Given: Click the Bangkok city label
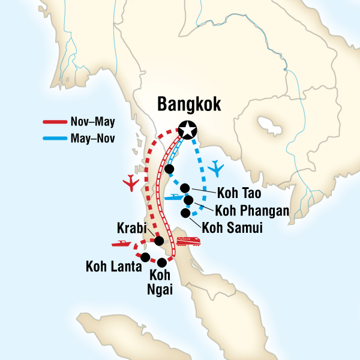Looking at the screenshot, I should [x=189, y=104].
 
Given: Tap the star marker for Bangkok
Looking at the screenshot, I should [x=188, y=129].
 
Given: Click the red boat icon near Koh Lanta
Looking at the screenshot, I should [x=121, y=244].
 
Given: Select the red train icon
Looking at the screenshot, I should [x=187, y=241].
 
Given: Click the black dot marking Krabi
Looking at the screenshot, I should [x=160, y=241].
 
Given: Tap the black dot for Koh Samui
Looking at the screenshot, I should [x=186, y=212].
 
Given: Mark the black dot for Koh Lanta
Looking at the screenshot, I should [x=145, y=257].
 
